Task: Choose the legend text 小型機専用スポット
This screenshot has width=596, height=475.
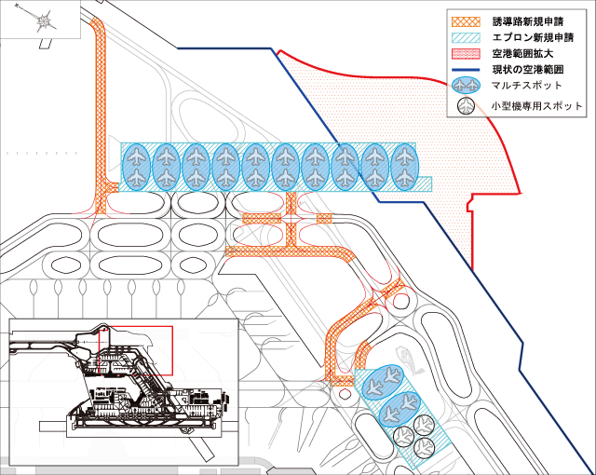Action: [536, 106]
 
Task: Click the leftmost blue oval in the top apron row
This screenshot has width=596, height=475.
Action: [136, 168]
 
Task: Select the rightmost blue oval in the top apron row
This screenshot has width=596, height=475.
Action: [404, 168]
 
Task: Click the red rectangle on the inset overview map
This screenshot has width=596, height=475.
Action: [141, 350]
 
